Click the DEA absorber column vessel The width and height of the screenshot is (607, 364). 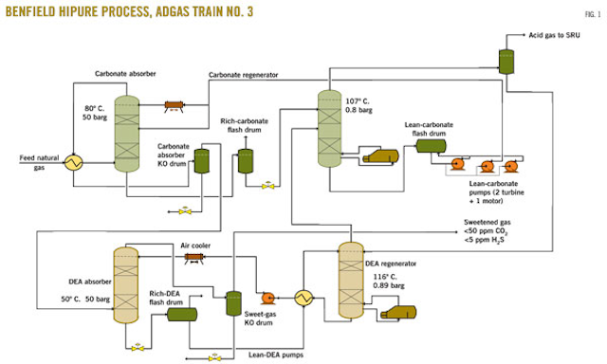point(126,283)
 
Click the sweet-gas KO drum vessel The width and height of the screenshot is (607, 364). point(231,303)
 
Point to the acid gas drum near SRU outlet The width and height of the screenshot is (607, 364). point(505,60)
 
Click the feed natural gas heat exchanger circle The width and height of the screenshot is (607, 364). point(70,162)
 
